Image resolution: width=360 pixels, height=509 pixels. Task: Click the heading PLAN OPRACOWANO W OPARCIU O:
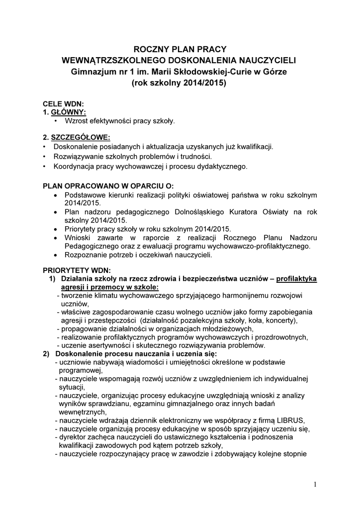tap(108, 186)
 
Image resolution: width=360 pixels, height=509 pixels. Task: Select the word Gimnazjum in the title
tap(92, 72)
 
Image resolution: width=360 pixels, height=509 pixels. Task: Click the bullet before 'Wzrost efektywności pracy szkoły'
tap(55, 121)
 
